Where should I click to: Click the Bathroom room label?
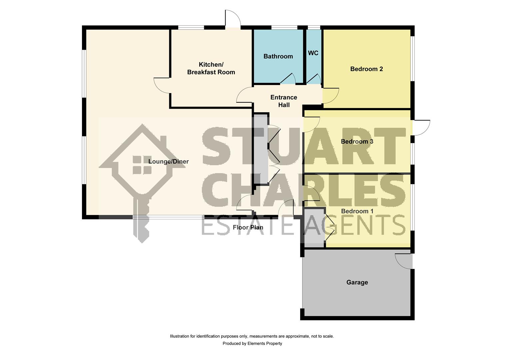point(278,56)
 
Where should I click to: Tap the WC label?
point(313,53)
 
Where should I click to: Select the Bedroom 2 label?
point(366,69)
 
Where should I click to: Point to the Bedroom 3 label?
point(357,141)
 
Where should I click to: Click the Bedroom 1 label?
point(357,211)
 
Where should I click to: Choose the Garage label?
point(357,282)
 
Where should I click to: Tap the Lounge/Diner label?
point(168,161)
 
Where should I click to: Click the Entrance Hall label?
point(284,101)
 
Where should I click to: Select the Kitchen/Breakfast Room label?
point(211,68)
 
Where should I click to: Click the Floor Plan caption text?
point(248,227)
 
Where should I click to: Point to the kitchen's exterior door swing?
point(233,19)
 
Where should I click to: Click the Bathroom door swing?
point(288,78)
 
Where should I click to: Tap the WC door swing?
point(314,79)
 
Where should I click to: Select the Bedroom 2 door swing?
point(331,96)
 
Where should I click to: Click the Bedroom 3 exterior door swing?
point(422,128)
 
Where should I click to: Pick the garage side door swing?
point(403,261)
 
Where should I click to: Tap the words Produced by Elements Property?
point(252,343)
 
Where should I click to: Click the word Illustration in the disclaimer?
point(180,336)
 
